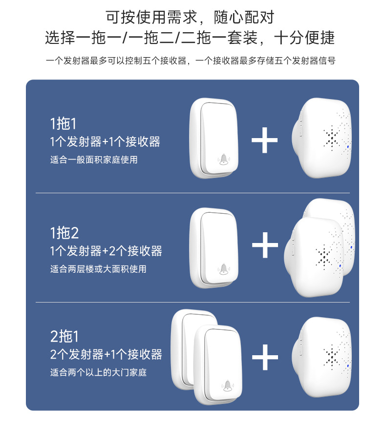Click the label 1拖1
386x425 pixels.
[64, 123]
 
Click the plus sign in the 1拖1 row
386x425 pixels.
[264, 140]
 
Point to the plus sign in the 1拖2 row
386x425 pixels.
[264, 245]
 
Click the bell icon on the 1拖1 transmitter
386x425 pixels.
[223, 159]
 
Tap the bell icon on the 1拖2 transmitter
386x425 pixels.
[223, 268]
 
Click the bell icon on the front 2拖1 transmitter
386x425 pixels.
[227, 385]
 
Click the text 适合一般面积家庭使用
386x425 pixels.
[94, 160]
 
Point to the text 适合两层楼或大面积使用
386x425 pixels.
[98, 269]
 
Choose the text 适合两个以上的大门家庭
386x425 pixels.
[98, 373]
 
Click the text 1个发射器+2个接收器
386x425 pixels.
[106, 251]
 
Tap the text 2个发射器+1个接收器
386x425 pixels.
[106, 354]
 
